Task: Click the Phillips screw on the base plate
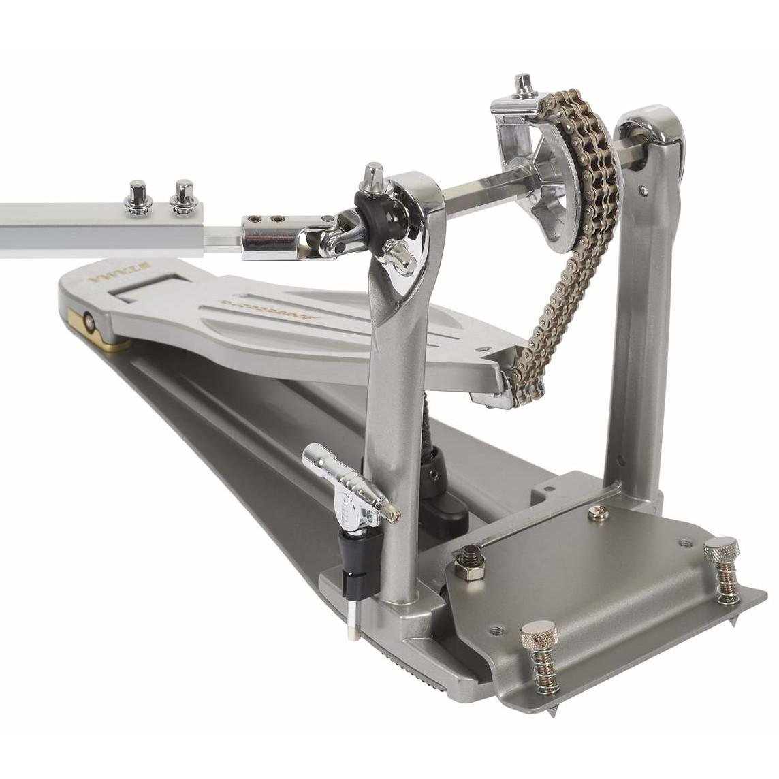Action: coord(598,512)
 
